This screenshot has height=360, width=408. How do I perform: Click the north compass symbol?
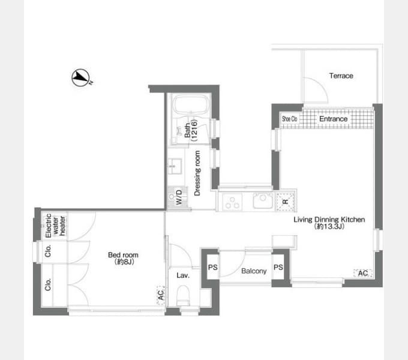[81, 77]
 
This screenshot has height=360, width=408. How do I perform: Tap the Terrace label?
[341, 76]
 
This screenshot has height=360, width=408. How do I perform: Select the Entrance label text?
[334, 119]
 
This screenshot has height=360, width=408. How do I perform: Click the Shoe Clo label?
[290, 119]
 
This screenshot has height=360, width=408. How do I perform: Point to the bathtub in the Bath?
[192, 104]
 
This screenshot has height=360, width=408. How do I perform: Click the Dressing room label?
[197, 173]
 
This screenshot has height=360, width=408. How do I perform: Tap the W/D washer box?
[177, 197]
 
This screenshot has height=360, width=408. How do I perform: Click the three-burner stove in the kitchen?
[232, 202]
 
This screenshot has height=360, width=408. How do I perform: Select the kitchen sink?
[263, 200]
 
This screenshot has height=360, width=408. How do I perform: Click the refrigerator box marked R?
[286, 201]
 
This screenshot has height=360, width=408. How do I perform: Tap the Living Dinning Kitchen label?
[329, 223]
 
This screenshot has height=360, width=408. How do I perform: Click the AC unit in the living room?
[363, 273]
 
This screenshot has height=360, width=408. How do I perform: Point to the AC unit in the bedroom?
[161, 295]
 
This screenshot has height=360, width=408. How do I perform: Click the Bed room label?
[123, 258]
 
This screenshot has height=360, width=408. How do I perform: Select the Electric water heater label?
[55, 226]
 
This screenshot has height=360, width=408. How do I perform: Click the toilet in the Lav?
[183, 295]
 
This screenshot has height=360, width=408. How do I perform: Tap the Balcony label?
[254, 271]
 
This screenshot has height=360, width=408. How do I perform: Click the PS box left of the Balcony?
[212, 267]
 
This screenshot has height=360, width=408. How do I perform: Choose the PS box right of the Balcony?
[278, 267]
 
